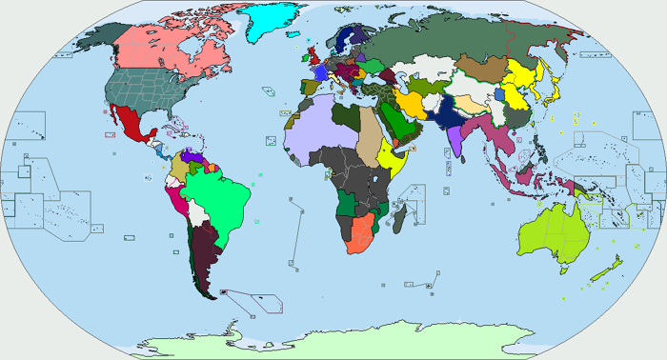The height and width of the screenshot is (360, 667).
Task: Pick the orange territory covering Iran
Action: [x=412, y=103]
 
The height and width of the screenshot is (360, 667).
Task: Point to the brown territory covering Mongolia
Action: [x=481, y=69]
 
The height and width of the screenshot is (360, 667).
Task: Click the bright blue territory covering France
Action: [x=320, y=72]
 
